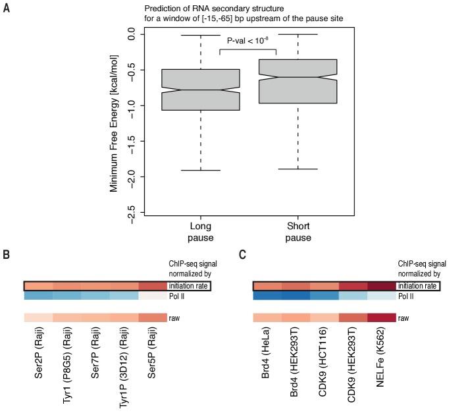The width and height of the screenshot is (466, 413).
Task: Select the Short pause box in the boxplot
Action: [x=298, y=81]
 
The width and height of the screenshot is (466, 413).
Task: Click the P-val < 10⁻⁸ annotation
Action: [x=248, y=41]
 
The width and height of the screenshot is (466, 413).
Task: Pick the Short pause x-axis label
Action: [x=298, y=231]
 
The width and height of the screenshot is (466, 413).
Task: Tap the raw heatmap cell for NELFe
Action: [x=382, y=318]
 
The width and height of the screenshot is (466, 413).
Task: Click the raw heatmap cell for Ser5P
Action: [x=153, y=318]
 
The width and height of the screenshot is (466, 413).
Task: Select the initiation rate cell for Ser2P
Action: [x=39, y=286]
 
